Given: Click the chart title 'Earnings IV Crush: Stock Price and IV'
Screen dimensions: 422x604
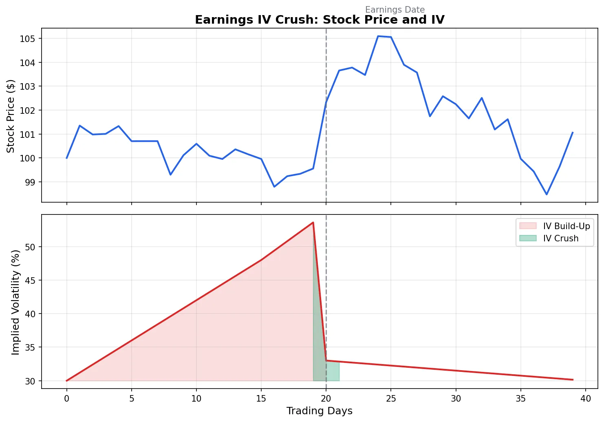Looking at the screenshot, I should point(320,20).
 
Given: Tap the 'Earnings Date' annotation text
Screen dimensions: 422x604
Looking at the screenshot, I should point(395,10).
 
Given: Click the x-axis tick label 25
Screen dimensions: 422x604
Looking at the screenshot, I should point(391,398).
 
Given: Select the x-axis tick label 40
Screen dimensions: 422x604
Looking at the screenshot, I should point(585,398).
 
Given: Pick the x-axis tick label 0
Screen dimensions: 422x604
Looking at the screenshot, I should point(67,398).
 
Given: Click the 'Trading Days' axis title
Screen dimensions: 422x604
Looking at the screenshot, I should point(319,411).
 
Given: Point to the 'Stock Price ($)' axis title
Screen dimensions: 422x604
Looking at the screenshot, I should point(11,116).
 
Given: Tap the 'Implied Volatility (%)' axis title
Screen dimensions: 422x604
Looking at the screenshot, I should point(15,302).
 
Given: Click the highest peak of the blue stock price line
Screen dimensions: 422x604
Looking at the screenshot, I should point(378,36).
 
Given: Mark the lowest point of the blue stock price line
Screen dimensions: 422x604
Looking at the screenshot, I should point(547,194).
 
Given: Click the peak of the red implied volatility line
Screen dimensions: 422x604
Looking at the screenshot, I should point(313,222).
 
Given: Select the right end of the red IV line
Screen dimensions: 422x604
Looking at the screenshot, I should point(573,380).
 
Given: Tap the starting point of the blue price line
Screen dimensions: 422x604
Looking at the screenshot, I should point(67,158).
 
